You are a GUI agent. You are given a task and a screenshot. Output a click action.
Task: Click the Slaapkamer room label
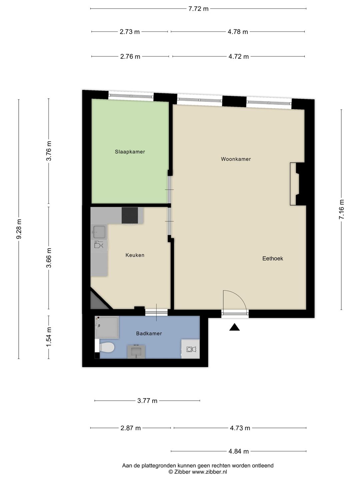pos(130,152)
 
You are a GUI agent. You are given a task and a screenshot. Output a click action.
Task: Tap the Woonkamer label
pos(236,159)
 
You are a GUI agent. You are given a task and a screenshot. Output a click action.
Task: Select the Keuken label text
pos(135,255)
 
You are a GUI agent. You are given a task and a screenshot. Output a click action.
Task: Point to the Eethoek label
pos(272,258)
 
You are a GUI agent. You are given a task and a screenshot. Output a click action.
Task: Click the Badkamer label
pos(149,333)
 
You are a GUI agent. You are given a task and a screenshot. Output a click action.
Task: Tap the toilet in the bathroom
pos(106,347)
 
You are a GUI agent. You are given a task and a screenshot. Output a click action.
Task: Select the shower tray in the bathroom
pos(106,327)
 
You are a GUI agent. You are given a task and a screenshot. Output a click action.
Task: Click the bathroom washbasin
pos(136,351)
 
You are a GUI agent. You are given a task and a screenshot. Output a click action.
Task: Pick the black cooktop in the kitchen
pos(130,215)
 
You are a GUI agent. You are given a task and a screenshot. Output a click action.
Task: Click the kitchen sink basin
pos(99,231)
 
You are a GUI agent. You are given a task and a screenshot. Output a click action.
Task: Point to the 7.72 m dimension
pos(198,9)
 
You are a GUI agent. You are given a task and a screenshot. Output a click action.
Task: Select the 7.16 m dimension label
pos(341,209)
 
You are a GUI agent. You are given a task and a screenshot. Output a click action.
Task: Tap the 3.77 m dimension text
pos(147,401)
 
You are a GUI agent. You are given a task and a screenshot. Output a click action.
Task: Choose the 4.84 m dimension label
pos(238,451)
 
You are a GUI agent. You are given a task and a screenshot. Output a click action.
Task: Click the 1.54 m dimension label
pos(49,337)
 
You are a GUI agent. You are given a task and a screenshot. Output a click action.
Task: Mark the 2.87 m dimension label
pos(130,428)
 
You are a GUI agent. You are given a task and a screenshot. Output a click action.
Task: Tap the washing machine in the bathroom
pos(190,349)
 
